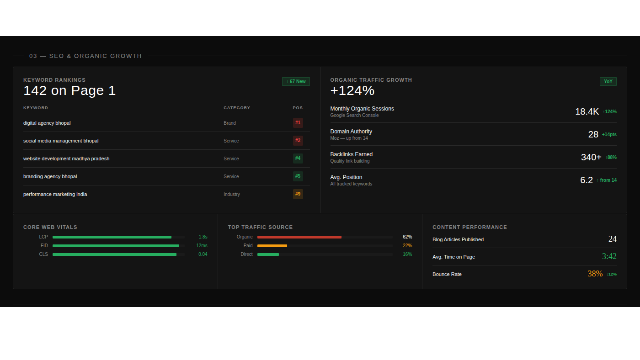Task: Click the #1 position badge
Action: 298,123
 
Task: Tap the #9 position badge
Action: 298,194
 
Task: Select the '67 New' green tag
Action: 296,81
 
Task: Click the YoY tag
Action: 608,81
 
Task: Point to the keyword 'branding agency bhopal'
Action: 50,176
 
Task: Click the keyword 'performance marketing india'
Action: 55,194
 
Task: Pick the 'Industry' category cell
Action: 232,194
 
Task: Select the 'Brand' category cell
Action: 230,123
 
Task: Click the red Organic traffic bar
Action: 299,237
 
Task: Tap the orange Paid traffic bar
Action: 272,246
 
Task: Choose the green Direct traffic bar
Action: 268,254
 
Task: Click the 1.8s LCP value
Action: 203,237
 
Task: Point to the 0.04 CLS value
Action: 203,254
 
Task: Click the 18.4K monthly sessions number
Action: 587,112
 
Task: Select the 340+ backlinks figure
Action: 591,157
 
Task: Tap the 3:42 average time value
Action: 609,256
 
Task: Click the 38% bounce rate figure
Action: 595,274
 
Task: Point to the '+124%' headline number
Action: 352,91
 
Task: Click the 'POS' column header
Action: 298,108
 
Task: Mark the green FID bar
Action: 116,246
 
